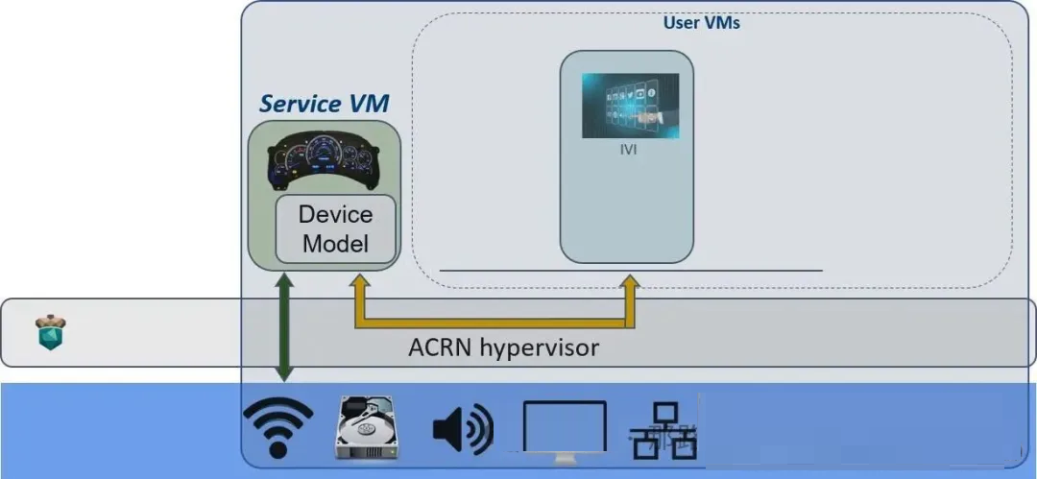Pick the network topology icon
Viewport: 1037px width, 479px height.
pyautogui.click(x=663, y=430)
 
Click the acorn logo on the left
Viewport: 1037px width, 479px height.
pyautogui.click(x=50, y=332)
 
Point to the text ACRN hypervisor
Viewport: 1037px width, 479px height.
pyautogui.click(x=503, y=347)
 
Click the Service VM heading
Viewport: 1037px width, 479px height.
pyautogui.click(x=324, y=104)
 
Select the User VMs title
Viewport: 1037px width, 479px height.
pyautogui.click(x=702, y=22)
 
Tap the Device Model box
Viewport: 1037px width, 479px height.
pyautogui.click(x=335, y=228)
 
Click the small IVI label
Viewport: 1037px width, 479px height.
pyautogui.click(x=628, y=150)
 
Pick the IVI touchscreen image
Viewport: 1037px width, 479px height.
pyautogui.click(x=630, y=106)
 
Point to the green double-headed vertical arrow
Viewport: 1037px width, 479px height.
pyautogui.click(x=284, y=325)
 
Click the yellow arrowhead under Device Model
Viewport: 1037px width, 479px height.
pyautogui.click(x=359, y=282)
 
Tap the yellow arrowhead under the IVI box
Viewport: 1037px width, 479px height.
pyautogui.click(x=630, y=282)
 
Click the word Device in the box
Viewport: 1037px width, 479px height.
pyautogui.click(x=335, y=214)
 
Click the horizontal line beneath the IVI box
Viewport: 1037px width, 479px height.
pyautogui.click(x=631, y=271)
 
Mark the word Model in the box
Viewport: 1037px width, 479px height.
pyautogui.click(x=335, y=243)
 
